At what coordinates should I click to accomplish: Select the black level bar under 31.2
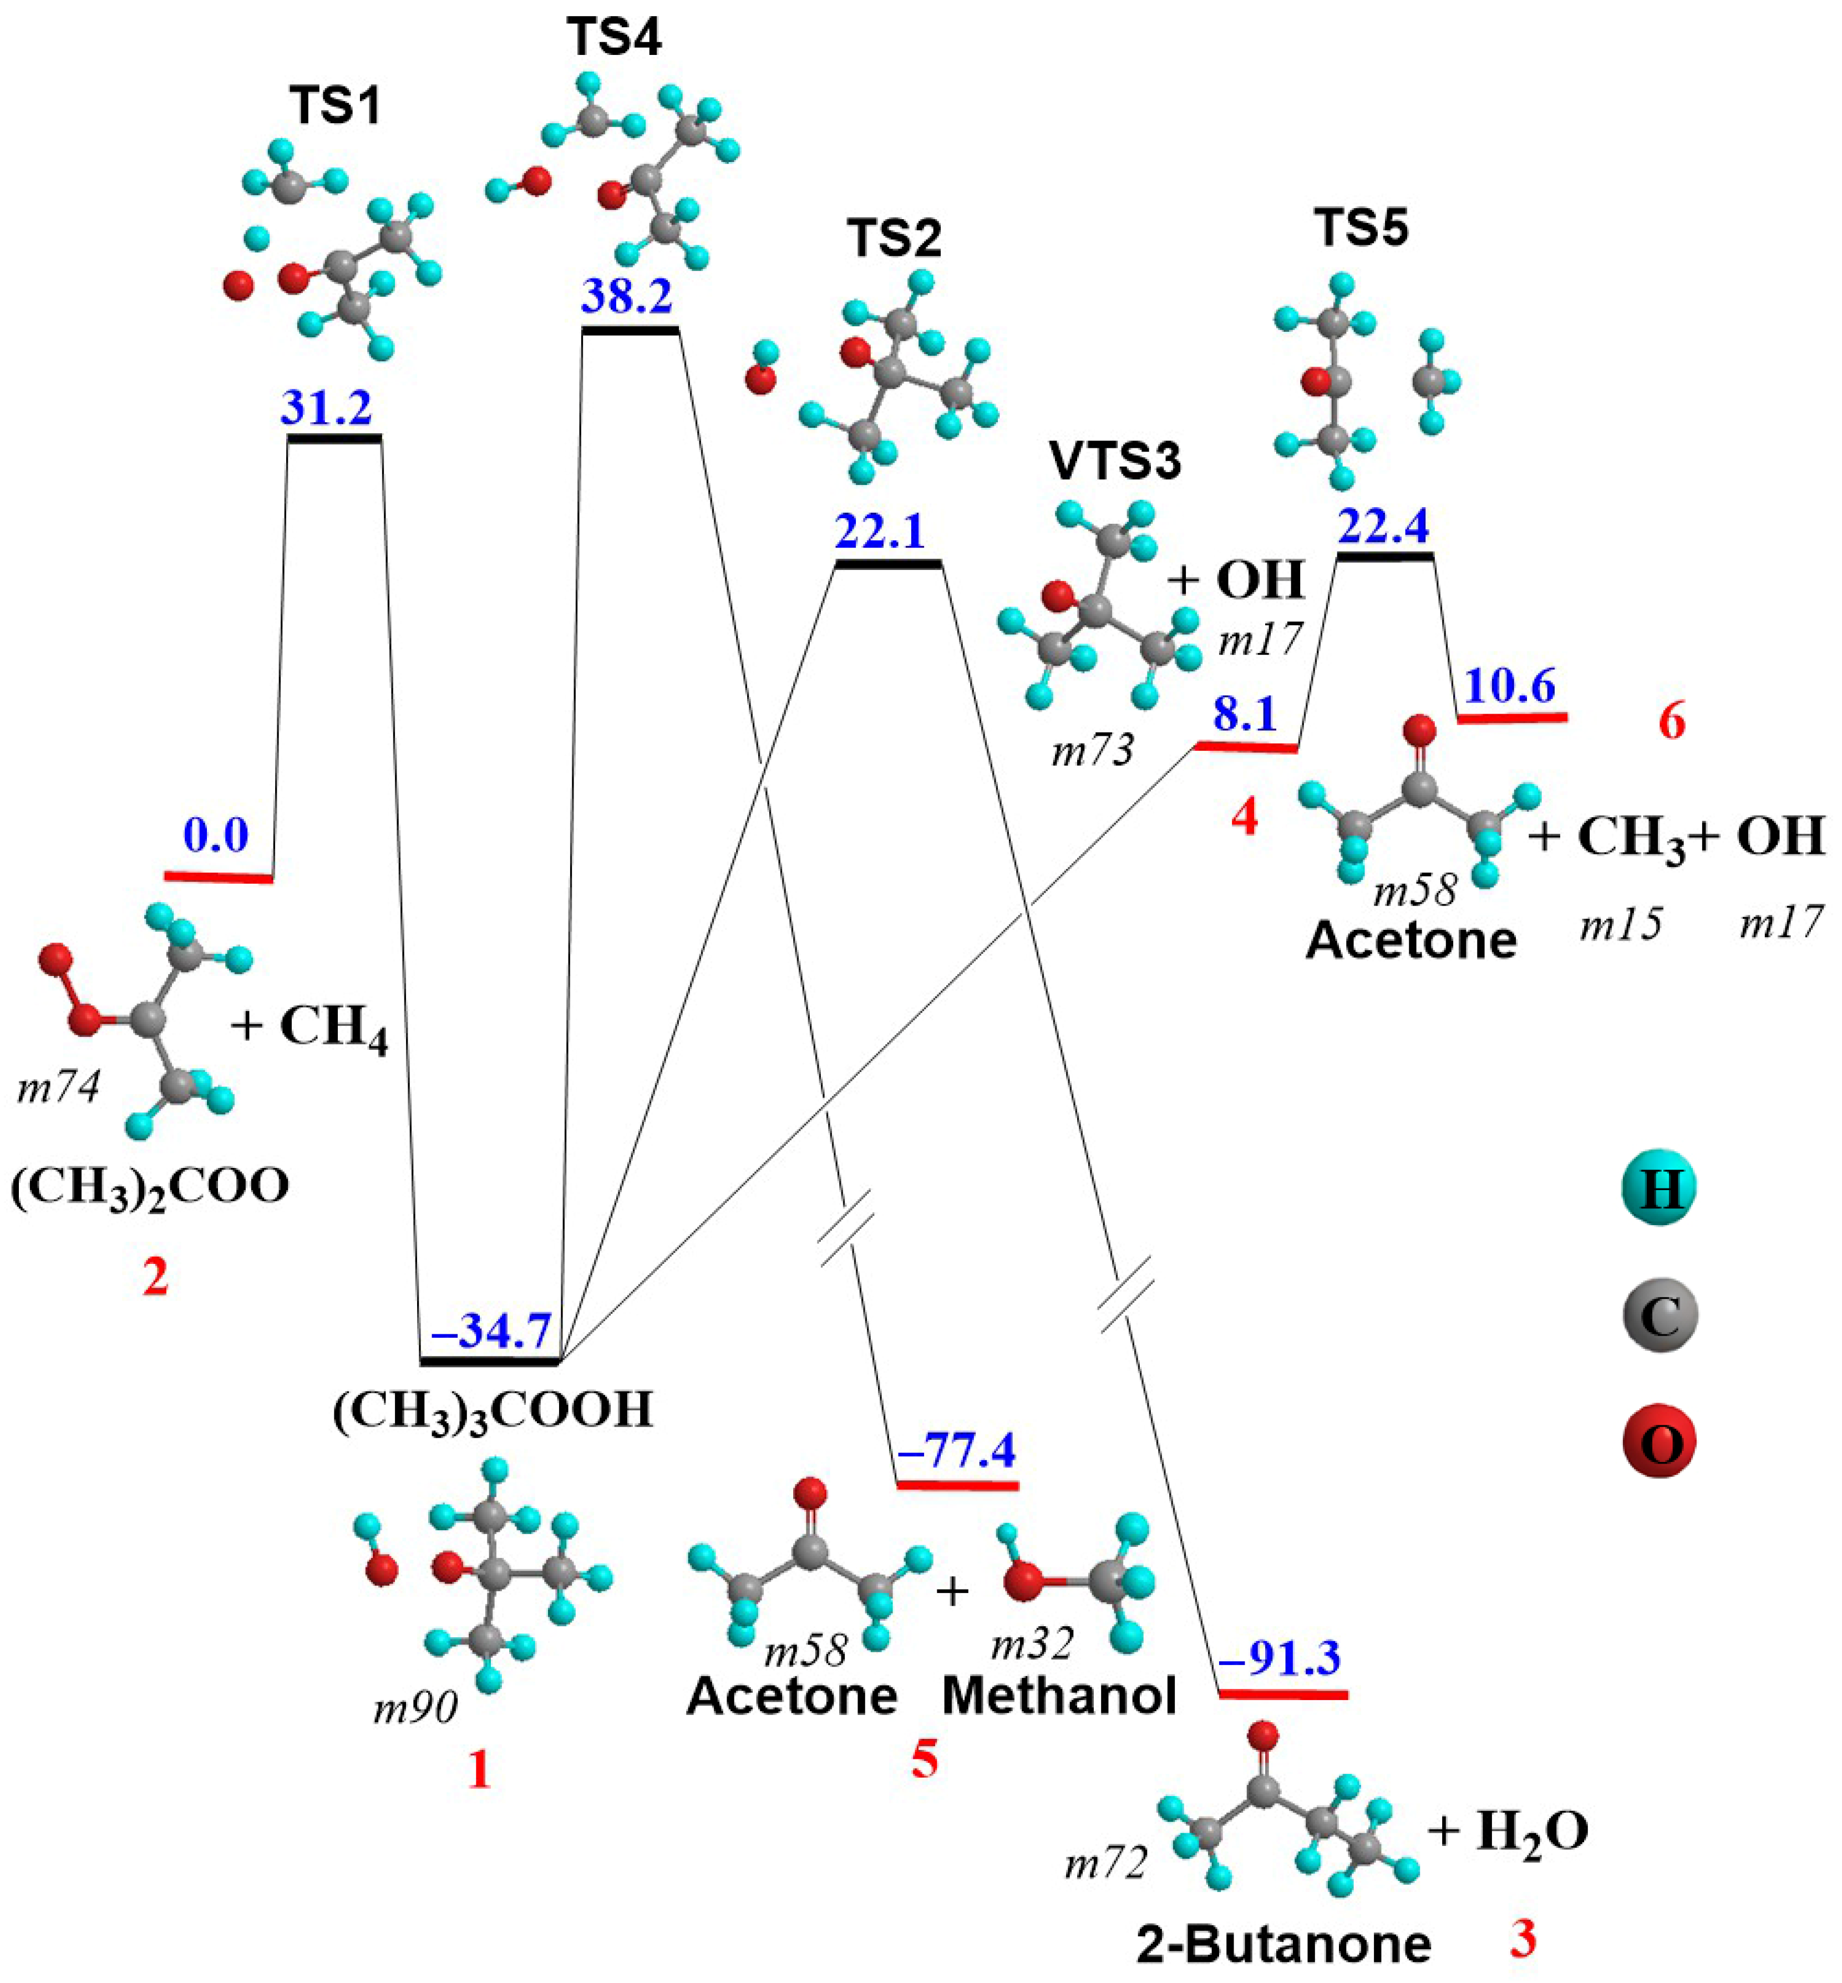(334, 439)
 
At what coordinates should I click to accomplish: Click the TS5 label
(1361, 228)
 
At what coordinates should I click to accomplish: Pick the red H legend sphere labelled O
(1660, 1443)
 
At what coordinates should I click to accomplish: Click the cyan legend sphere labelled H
(1660, 1188)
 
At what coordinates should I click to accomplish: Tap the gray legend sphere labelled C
(1660, 1316)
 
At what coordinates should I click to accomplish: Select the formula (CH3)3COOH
(493, 1410)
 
